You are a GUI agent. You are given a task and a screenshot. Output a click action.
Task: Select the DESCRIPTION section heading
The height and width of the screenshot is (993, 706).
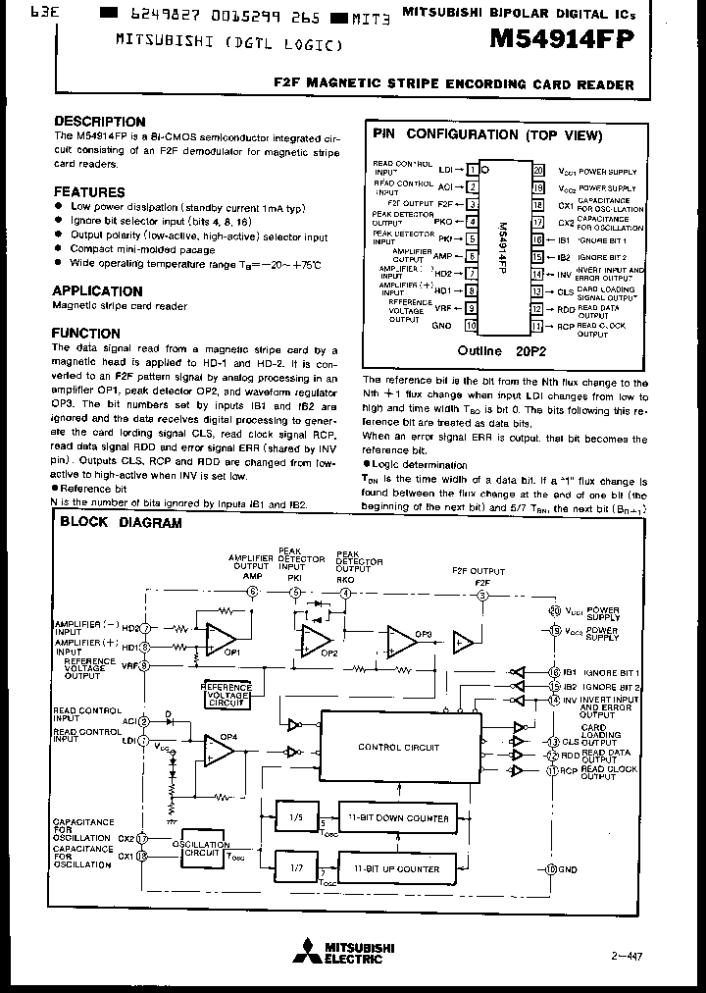click(x=100, y=122)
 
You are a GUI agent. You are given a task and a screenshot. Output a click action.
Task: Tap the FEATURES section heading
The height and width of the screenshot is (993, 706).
click(x=89, y=192)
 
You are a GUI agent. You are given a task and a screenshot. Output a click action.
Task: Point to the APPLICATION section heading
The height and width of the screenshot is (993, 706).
click(x=97, y=290)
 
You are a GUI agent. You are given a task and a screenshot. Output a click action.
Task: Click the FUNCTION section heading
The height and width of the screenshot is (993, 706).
click(x=86, y=334)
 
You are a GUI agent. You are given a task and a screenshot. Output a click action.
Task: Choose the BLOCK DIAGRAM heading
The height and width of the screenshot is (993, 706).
click(x=121, y=523)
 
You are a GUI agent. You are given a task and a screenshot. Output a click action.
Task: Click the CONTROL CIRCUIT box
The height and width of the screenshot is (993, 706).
click(x=399, y=748)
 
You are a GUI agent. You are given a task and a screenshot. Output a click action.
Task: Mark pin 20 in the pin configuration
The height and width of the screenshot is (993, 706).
click(x=537, y=170)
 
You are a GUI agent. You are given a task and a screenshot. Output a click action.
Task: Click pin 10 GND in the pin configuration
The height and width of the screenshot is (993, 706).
click(x=472, y=325)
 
